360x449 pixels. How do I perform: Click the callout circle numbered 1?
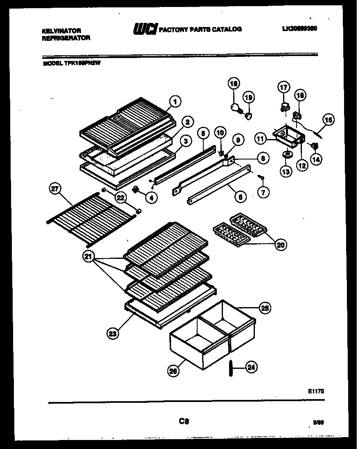(x=175, y=101)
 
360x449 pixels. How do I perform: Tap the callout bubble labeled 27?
(x=54, y=189)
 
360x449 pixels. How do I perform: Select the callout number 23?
(x=113, y=334)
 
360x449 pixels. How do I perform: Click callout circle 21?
(x=89, y=257)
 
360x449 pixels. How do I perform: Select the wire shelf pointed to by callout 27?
(x=92, y=211)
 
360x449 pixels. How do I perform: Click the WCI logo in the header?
(x=145, y=29)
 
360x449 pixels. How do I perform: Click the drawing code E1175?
(x=315, y=391)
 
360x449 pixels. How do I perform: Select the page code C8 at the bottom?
(x=183, y=420)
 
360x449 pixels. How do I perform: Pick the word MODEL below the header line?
(x=52, y=63)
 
